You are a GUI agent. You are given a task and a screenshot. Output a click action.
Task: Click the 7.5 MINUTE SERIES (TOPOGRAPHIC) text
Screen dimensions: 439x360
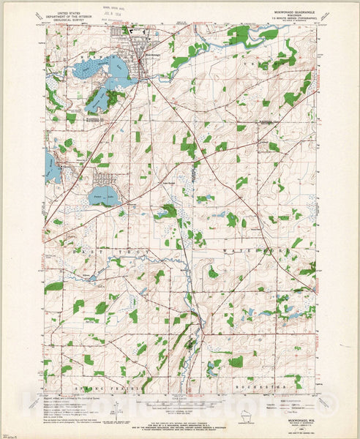coord(291,20)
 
